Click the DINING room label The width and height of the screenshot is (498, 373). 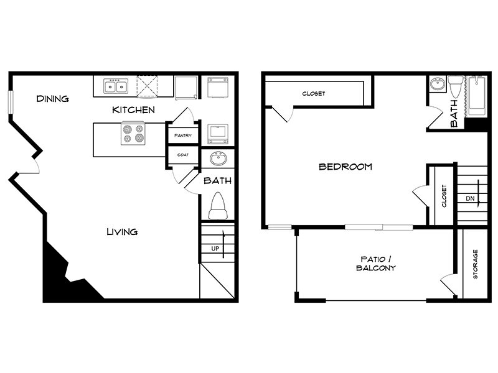click(x=52, y=99)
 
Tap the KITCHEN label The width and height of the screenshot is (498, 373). click(x=133, y=110)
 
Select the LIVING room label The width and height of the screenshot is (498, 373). click(x=121, y=232)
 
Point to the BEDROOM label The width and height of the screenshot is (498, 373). click(x=345, y=167)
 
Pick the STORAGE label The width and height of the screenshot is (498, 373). click(x=475, y=264)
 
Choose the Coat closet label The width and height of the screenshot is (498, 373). click(x=182, y=155)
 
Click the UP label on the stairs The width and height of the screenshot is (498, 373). click(x=215, y=249)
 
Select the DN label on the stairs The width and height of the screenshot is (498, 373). click(x=470, y=199)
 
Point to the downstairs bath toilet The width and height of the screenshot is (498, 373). click(x=217, y=206)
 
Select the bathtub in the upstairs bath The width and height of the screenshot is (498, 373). click(x=477, y=97)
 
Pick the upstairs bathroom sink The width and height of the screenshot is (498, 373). click(x=437, y=85)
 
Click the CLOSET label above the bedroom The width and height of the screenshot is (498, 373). click(x=314, y=94)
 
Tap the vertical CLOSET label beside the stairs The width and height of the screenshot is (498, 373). click(x=444, y=195)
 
